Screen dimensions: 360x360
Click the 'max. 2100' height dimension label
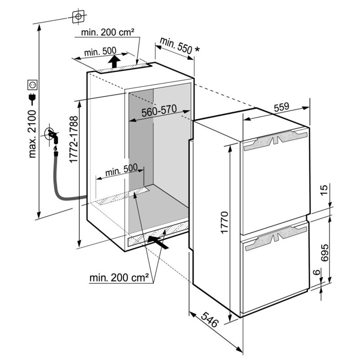tap(32, 134)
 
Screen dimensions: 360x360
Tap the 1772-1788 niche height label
tap(73, 139)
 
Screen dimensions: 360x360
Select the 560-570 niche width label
tap(159, 111)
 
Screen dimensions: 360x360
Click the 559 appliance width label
tap(282, 107)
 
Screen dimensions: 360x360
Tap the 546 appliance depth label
tap(209, 319)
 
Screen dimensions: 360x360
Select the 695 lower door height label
tap(324, 253)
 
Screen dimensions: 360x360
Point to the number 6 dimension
tap(317, 272)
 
